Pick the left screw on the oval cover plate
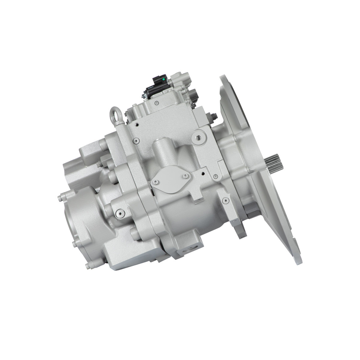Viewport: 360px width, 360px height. click(x=156, y=182)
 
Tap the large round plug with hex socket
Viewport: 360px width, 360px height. click(x=199, y=138)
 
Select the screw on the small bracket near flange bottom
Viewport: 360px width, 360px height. click(x=225, y=200)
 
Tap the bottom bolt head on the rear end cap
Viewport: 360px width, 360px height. click(x=88, y=265)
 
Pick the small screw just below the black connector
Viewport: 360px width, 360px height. click(x=156, y=103)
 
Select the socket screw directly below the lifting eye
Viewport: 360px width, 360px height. click(x=136, y=141)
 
